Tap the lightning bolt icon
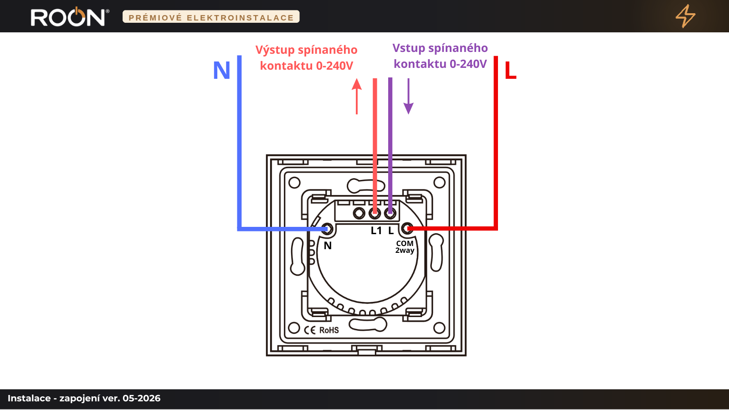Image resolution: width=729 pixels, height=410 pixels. coord(685,16)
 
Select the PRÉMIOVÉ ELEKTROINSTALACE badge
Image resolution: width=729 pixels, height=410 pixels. coord(211,17)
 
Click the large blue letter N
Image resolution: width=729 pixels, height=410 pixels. coord(221,70)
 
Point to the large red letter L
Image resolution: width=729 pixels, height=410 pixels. coord(510,70)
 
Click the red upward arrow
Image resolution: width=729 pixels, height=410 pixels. coord(357,96)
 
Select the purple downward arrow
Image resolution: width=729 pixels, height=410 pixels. coord(408,96)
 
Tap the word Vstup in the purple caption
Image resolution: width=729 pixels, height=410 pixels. coord(408,48)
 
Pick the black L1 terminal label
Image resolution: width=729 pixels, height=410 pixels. coord(376,231)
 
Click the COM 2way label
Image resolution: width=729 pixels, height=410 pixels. coord(405,247)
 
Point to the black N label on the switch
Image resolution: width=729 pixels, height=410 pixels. coord(328,246)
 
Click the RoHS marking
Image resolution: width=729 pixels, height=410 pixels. coord(329,330)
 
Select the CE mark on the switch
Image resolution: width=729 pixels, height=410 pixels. coord(310,330)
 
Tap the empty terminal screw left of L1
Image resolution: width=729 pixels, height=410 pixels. coord(359,214)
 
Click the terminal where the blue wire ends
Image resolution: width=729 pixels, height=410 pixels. coord(327,229)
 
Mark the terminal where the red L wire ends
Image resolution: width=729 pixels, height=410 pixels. coord(407,229)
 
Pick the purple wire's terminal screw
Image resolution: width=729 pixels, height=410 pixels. coord(390,214)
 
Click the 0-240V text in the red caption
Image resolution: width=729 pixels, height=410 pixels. coord(334,66)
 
